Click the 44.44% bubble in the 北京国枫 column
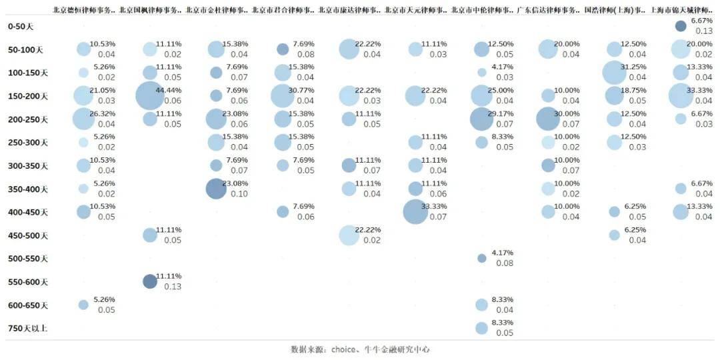149,96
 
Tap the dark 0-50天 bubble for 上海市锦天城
681,26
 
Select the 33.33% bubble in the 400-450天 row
415,212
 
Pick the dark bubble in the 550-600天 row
150,281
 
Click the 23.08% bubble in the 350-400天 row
216,189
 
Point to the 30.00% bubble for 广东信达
547,119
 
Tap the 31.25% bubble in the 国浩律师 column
614,73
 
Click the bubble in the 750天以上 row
481,328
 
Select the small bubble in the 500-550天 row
481,259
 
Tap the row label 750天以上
28,328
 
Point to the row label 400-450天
28,212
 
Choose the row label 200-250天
28,119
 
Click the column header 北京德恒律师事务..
84,10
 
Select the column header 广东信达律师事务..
548,10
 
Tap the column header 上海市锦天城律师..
681,10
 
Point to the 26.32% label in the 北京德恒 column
102,114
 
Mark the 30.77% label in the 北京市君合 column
301,91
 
